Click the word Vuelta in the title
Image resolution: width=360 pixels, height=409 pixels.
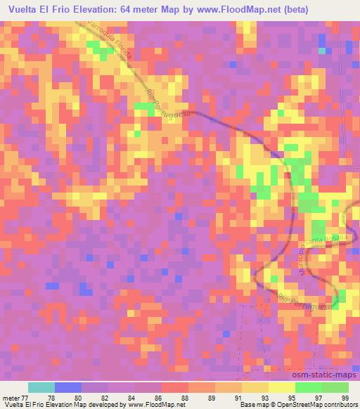(22, 8)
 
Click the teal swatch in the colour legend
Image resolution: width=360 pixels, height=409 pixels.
(41, 388)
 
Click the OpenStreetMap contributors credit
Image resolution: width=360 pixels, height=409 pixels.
(320, 405)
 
